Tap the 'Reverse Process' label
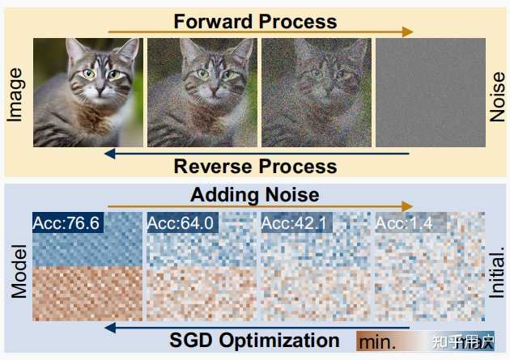(x=254, y=167)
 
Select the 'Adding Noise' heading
(x=254, y=194)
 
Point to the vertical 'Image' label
(x=15, y=95)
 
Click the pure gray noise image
(x=431, y=93)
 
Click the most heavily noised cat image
(x=317, y=93)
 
